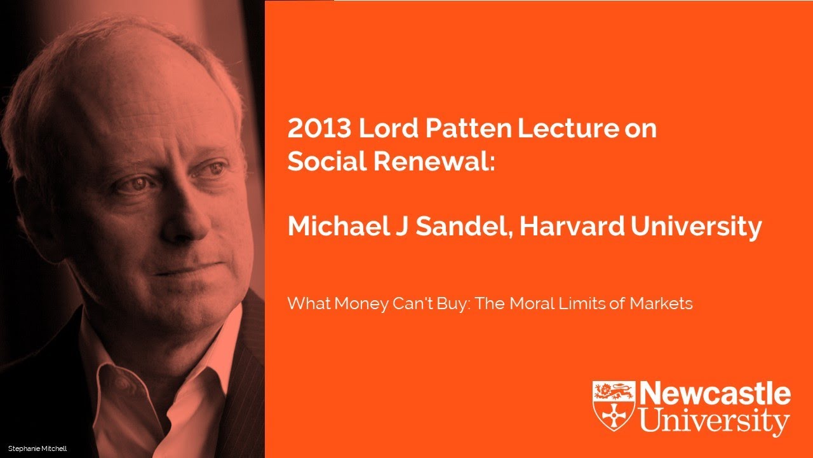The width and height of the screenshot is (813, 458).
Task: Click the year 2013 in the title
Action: pos(319,129)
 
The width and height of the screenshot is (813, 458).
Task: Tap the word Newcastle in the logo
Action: pos(715,395)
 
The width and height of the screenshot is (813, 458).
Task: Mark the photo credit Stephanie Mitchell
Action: pos(37,449)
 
